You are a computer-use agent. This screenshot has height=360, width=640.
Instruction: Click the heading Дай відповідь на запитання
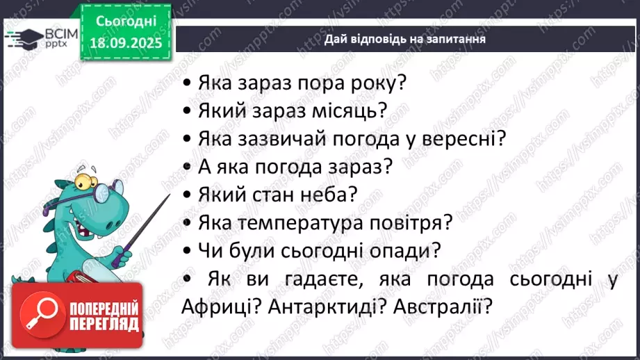404,39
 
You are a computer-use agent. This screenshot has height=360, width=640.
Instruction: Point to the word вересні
461,138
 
